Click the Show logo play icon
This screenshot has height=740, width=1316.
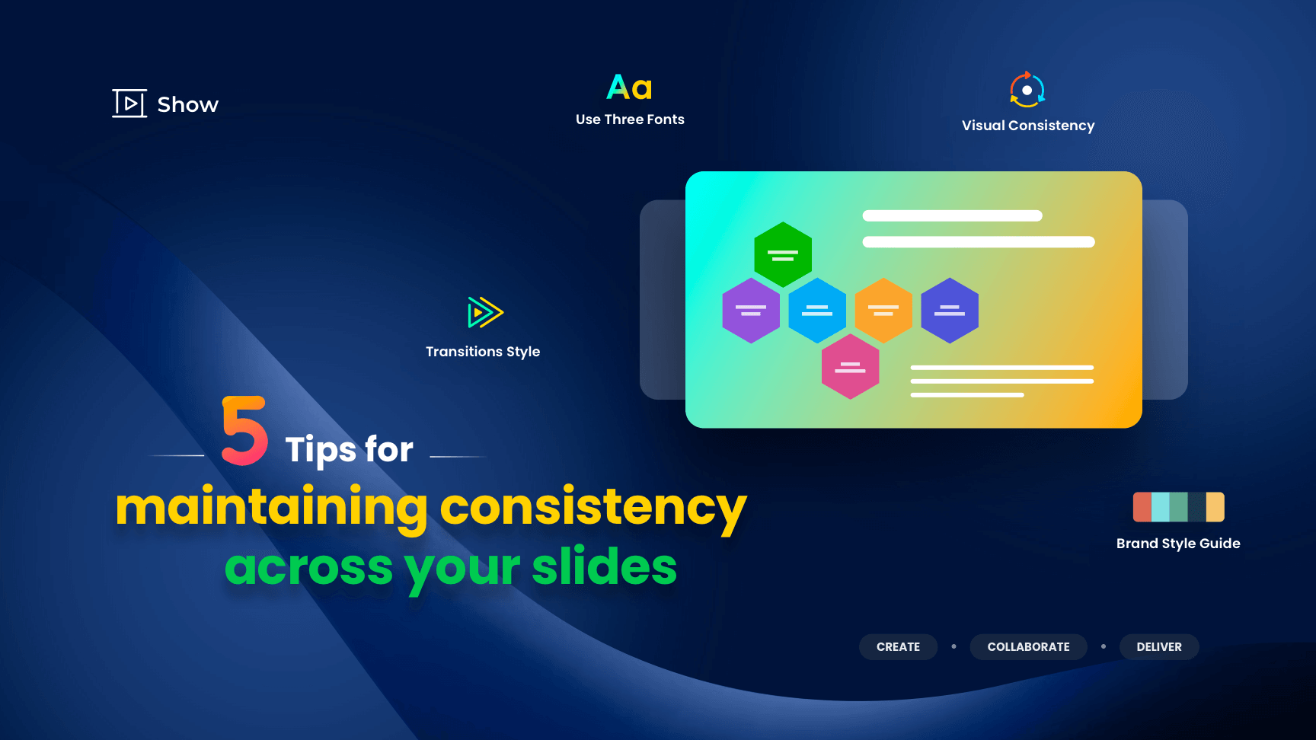[129, 104]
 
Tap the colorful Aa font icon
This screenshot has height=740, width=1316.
[629, 88]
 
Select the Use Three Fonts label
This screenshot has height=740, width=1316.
[630, 120]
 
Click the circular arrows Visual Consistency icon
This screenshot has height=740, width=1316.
[1027, 90]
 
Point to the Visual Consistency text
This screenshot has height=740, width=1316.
[1027, 126]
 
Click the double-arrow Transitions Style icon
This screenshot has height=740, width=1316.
[484, 312]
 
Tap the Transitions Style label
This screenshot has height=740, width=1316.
[483, 352]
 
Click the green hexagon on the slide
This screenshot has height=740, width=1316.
[782, 254]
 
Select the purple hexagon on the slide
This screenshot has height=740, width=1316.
[751, 311]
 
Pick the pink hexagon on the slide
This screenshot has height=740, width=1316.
[850, 367]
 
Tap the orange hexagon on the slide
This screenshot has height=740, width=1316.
[883, 311]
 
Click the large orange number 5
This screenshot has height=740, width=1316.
[244, 430]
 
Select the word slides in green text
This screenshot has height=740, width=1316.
[604, 567]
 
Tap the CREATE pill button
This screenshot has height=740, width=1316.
[898, 647]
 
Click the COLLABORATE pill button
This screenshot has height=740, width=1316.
[1028, 647]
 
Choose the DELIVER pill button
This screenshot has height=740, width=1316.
[1159, 647]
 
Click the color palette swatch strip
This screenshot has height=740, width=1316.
[1178, 507]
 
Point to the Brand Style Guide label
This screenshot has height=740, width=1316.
[1178, 544]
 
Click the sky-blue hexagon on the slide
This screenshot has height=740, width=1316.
[817, 311]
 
